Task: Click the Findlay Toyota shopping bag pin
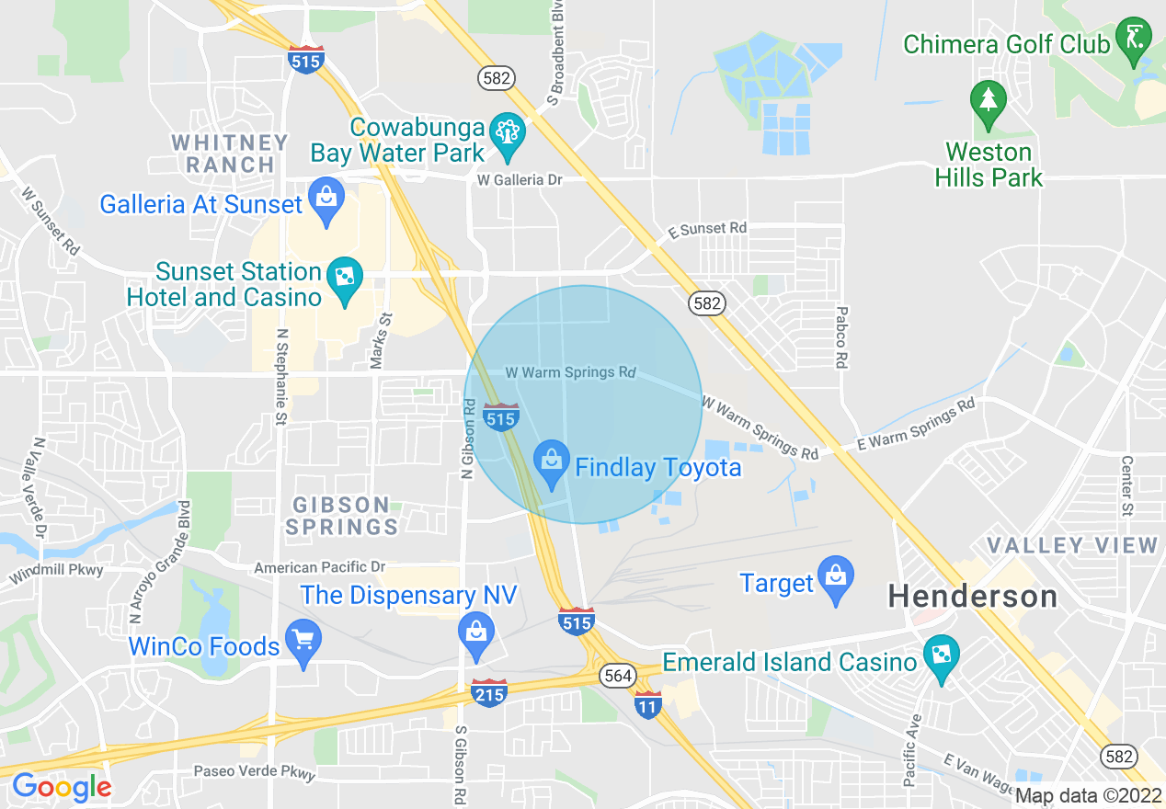point(552,464)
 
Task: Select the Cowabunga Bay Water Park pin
point(507,134)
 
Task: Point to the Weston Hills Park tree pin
point(989,103)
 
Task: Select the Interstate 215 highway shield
point(488,693)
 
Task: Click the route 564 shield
point(617,676)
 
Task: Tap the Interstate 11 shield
point(647,705)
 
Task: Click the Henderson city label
point(972,597)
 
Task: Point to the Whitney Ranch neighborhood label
point(230,154)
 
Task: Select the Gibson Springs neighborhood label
point(342,516)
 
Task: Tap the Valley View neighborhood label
point(1072,545)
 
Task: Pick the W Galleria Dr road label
point(519,180)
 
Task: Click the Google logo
point(62,787)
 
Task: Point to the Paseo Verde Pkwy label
point(254,772)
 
